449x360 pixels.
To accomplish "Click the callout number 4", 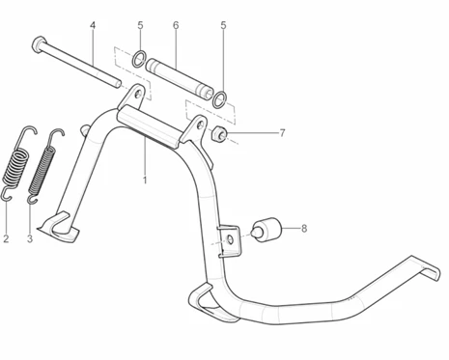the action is pyautogui.click(x=93, y=25).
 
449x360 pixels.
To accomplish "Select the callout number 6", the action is pyautogui.click(x=176, y=25).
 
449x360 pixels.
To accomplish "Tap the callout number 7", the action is pyautogui.click(x=282, y=133).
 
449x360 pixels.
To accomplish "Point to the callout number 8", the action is pyautogui.click(x=304, y=229).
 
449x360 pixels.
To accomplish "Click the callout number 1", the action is pyautogui.click(x=145, y=180).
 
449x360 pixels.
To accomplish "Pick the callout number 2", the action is pyautogui.click(x=6, y=238).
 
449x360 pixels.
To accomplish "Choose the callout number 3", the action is pyautogui.click(x=30, y=238).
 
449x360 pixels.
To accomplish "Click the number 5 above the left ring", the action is pyautogui.click(x=140, y=25).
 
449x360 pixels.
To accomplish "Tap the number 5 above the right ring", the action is pyautogui.click(x=223, y=25).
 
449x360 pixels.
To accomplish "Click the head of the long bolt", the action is pyautogui.click(x=38, y=44).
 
